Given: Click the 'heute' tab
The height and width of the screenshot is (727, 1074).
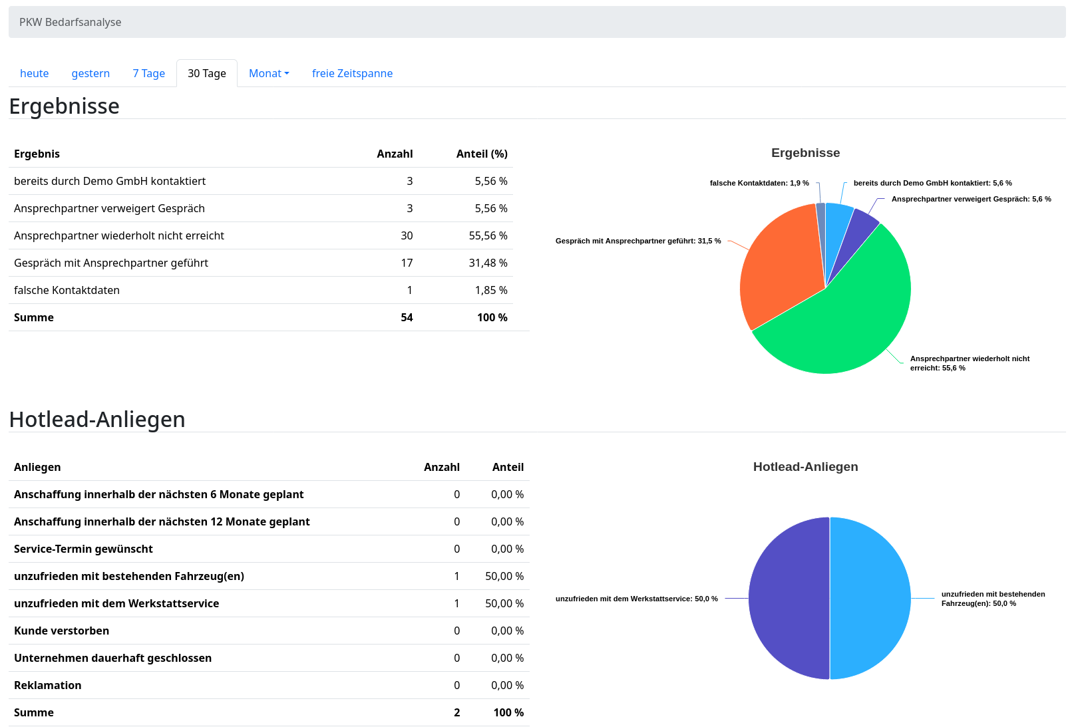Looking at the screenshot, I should point(34,73).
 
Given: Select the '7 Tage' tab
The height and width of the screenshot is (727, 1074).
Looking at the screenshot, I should point(148,73).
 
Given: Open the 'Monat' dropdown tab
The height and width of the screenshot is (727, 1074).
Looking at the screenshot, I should point(269,73).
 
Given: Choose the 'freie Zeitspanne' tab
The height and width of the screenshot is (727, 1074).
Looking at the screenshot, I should point(352,73).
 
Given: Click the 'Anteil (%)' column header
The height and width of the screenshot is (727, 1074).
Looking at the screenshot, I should point(481,154).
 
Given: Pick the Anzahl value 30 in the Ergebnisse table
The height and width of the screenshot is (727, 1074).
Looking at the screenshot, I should point(407,235).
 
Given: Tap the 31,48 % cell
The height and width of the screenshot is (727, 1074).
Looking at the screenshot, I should point(488,263).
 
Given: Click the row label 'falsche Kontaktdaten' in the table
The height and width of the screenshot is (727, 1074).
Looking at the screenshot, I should point(67,290).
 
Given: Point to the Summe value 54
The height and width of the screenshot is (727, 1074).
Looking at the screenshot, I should point(407,317).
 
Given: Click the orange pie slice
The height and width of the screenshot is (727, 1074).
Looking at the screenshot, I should point(779,266).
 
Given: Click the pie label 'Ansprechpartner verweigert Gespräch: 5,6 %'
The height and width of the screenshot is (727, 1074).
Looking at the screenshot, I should point(971,199).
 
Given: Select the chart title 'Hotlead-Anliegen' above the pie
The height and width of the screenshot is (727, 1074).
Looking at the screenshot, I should point(805,467).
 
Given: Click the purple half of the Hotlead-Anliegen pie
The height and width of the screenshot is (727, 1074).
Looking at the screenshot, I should point(789,599).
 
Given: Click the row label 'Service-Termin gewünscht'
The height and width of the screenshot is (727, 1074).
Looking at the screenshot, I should point(83,549).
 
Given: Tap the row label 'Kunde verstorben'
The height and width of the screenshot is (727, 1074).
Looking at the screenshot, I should point(61,631).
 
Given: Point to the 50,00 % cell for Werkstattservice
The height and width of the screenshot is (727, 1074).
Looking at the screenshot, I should point(504,603).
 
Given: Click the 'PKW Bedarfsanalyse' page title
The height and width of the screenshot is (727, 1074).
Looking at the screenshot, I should point(70,22).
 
